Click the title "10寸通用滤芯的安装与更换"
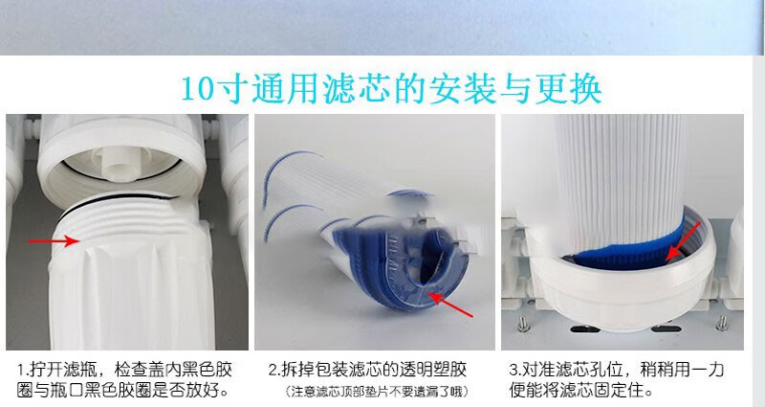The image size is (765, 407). point(391,89)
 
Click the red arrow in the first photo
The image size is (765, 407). point(54,241)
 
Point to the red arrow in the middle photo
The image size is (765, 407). point(450,305)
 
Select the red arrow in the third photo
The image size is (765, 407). point(683,241)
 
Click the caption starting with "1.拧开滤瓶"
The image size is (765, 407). point(124,379)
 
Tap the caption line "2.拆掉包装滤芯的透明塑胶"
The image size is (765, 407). point(367,370)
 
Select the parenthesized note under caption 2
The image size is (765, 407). point(376,392)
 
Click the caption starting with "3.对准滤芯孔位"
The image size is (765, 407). point(616,379)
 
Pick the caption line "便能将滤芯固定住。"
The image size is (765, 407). point(581,391)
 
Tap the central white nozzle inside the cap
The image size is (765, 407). point(119,161)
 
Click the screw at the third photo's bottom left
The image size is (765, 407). point(523,324)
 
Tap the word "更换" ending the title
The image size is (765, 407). point(568,89)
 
